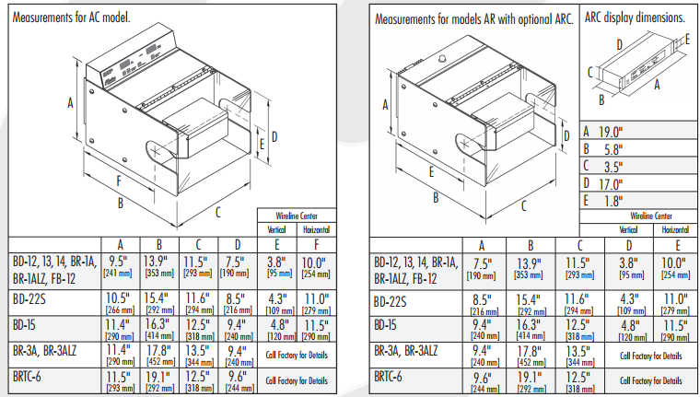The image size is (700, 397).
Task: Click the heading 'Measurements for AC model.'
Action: point(70,18)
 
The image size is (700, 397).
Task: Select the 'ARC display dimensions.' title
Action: point(635,18)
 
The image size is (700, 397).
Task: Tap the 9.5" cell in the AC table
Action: point(117,261)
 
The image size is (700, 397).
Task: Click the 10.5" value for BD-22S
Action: point(117,298)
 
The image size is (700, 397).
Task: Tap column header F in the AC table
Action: point(316,243)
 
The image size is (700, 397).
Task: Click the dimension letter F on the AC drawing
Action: point(119,180)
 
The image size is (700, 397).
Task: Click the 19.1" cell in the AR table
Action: point(531,378)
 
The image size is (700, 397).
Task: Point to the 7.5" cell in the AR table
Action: point(480,261)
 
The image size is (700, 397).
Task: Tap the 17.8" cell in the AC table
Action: point(159,351)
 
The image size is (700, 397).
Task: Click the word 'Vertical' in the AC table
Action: point(275,229)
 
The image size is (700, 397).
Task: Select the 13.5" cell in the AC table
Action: point(198,351)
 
